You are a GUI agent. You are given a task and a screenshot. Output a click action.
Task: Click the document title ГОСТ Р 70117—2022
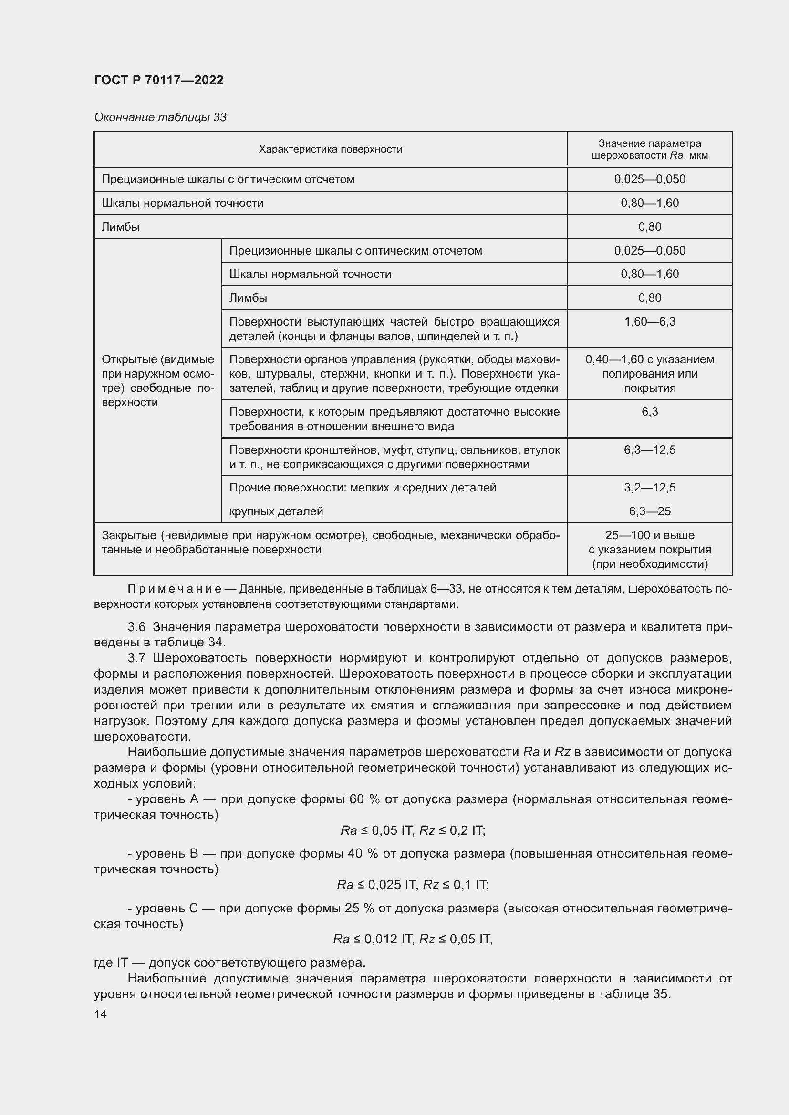coord(158,80)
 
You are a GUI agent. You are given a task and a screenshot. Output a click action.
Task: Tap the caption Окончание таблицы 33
coord(160,118)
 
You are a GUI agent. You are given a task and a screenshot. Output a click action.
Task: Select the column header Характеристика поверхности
coord(331,149)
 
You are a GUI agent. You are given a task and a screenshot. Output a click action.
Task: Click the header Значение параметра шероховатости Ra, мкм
coord(650,149)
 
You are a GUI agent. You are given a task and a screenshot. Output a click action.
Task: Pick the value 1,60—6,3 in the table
coord(650,322)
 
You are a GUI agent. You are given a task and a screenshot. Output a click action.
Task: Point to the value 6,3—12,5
coord(650,450)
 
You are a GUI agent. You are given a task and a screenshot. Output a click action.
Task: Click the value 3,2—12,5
coord(650,488)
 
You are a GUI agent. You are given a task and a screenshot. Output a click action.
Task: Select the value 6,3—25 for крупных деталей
coord(650,511)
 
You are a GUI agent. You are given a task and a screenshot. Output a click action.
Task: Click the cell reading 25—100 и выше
coord(650,535)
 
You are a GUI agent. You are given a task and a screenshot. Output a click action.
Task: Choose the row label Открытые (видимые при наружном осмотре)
coord(158,381)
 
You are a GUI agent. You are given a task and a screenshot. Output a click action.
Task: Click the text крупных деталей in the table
coord(276,511)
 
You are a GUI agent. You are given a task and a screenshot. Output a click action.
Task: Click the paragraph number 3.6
coord(136,627)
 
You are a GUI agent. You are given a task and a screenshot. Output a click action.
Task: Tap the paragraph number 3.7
coord(136,658)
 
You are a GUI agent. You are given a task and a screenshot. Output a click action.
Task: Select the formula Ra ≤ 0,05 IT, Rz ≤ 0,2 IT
coord(413,830)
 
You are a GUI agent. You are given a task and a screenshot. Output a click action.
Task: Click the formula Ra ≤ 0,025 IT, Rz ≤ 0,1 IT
coord(413,885)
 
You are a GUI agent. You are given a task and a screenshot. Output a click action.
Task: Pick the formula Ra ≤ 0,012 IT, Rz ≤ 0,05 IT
coord(413,939)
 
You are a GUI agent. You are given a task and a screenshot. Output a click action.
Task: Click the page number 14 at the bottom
coord(101,1014)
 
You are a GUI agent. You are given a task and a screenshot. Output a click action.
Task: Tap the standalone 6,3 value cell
coord(650,412)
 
